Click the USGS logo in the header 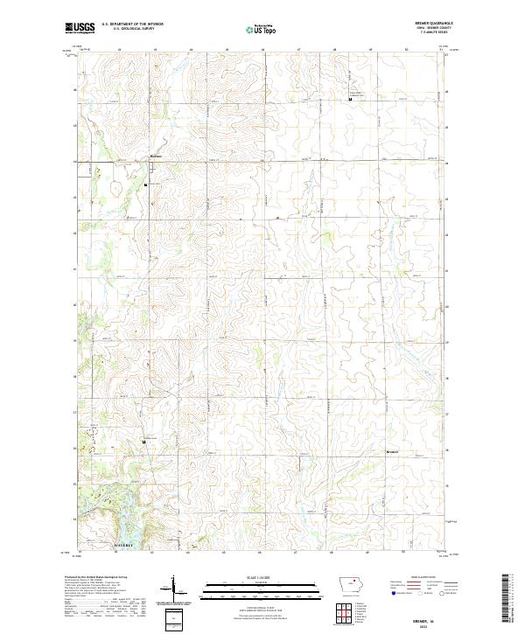point(80,28)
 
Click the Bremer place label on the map point(392,452)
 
